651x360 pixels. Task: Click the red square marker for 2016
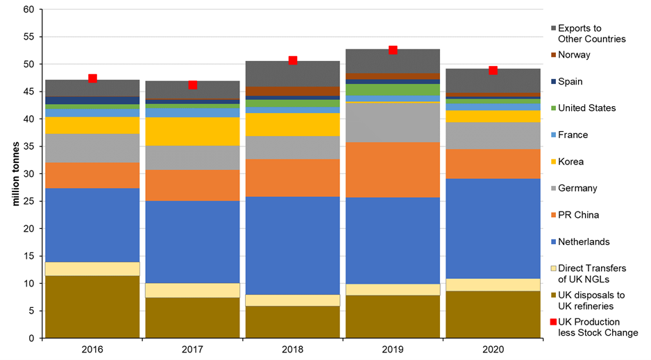92,78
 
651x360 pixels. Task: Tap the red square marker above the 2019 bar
393,50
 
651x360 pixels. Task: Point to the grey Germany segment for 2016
92,148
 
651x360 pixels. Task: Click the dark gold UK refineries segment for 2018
293,322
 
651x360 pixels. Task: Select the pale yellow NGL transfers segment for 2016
92,268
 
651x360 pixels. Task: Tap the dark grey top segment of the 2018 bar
293,74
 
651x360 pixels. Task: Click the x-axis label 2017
193,350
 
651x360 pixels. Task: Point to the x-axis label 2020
493,350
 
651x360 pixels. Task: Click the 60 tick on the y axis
28,10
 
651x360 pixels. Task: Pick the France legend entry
573,135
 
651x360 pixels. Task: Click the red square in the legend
553,323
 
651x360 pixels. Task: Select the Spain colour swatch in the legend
553,82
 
